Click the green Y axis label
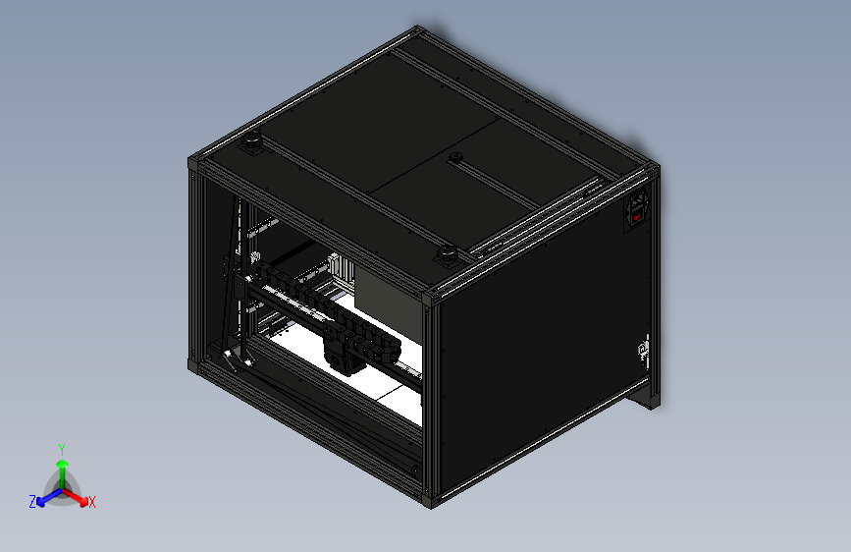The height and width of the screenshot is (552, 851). point(61,448)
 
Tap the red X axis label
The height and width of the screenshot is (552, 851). point(92,503)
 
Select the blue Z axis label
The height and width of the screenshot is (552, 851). point(32,501)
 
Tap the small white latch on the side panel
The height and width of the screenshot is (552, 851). point(644,348)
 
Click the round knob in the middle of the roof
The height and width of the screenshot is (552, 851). point(454,157)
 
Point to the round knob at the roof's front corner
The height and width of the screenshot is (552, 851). point(448,255)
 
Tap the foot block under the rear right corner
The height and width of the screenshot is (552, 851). point(648,398)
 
